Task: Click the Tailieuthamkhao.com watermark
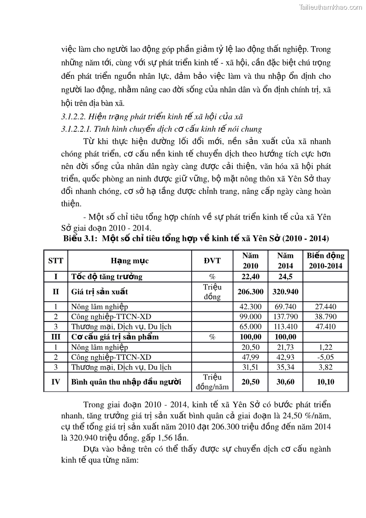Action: pyautogui.click(x=331, y=7)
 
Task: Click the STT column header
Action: pyautogui.click(x=56, y=261)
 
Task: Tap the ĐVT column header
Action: pyautogui.click(x=212, y=261)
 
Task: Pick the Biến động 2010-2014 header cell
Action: pyautogui.click(x=325, y=261)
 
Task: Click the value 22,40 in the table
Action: pyautogui.click(x=251, y=277)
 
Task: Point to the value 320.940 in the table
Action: pyautogui.click(x=285, y=292)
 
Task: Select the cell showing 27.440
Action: pyautogui.click(x=325, y=306)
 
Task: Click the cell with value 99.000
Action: pyautogui.click(x=251, y=316)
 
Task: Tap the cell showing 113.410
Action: pyautogui.click(x=285, y=327)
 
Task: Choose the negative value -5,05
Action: pyautogui.click(x=325, y=357)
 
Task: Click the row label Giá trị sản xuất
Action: pyautogui.click(x=100, y=292)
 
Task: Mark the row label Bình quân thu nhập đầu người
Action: pyautogui.click(x=126, y=382)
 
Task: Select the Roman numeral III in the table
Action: pyautogui.click(x=56, y=337)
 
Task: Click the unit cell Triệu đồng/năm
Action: pyautogui.click(x=212, y=382)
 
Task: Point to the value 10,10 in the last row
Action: pyautogui.click(x=325, y=382)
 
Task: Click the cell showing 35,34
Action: pyautogui.click(x=285, y=367)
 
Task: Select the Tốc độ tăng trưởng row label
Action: pyautogui.click(x=106, y=277)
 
